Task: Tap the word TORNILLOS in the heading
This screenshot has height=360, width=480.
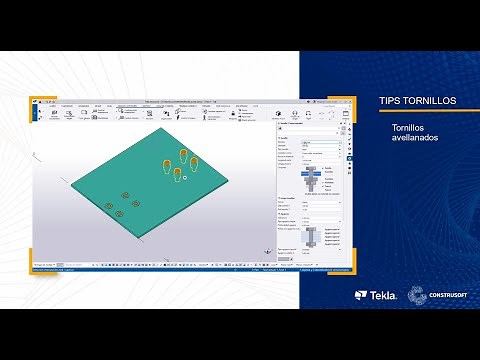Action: [x=428, y=101]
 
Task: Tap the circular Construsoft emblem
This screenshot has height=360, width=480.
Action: [x=414, y=295]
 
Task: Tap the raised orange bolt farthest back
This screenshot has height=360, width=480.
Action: [x=183, y=154]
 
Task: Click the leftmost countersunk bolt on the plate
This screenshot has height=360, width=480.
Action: [x=109, y=206]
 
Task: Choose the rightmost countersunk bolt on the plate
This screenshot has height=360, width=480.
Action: [x=136, y=203]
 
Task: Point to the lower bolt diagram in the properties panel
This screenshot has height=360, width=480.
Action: [x=311, y=237]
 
